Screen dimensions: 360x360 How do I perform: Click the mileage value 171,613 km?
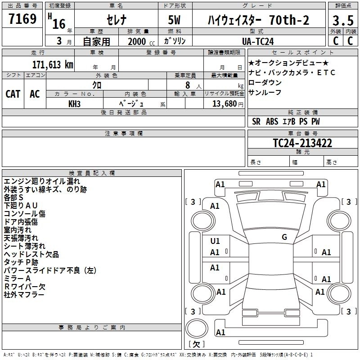pyautogui.click(x=52, y=65)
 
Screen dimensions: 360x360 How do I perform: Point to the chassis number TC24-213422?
pyautogui.click(x=302, y=143)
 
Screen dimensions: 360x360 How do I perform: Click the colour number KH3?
pyautogui.click(x=75, y=103)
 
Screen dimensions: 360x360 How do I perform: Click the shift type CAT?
pyautogui.click(x=13, y=94)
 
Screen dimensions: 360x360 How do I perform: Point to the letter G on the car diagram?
pyautogui.click(x=284, y=237)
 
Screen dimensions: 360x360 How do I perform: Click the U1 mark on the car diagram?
pyautogui.click(x=215, y=241)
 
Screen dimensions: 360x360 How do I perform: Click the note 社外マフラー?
pyautogui.click(x=24, y=295)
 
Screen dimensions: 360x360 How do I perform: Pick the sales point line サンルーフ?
pyautogui.click(x=265, y=92)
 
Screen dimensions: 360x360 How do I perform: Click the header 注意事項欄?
pyautogui.click(x=123, y=134)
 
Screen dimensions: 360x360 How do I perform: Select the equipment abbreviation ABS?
pyautogui.click(x=272, y=121)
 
